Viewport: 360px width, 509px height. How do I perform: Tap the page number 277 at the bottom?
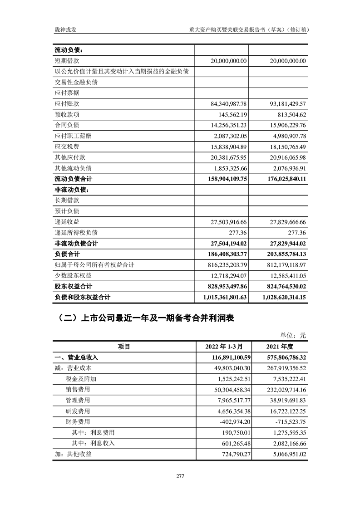180,476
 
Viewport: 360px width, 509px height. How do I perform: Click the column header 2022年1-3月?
222,347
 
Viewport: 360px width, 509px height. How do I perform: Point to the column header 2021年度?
279,347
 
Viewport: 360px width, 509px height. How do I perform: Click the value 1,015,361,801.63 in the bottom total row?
222,298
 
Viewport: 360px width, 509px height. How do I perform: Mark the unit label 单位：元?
293,336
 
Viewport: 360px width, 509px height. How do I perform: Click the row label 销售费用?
78,389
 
